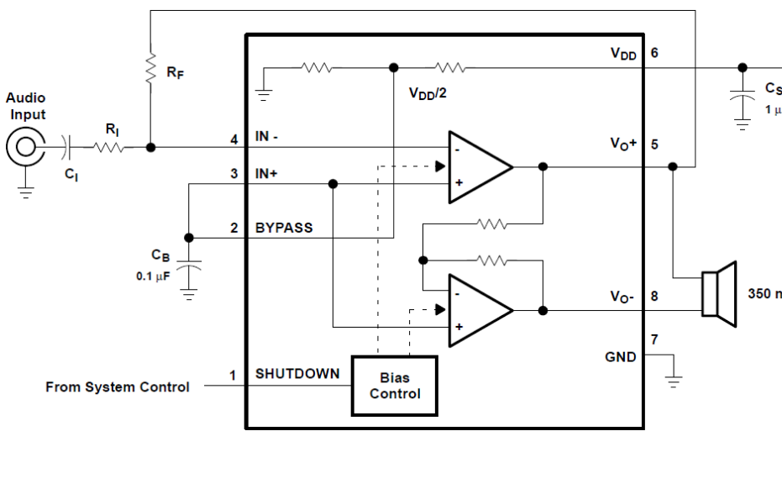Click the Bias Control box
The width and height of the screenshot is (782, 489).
(395, 386)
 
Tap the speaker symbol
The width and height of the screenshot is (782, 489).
(719, 294)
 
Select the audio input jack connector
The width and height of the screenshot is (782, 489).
(25, 147)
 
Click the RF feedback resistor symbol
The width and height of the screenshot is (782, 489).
(150, 70)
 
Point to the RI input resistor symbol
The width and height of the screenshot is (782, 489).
(108, 147)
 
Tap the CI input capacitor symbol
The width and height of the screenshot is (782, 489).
(67, 147)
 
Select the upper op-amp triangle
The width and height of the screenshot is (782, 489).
(480, 167)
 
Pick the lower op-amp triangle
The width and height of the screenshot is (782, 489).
(480, 310)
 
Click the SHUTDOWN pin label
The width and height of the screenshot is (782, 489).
(297, 374)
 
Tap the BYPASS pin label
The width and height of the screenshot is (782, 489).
(284, 228)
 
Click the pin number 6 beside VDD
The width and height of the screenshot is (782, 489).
(654, 53)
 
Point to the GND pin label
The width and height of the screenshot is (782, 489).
(621, 357)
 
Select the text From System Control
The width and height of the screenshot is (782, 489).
(118, 387)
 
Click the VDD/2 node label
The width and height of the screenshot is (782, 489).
(428, 93)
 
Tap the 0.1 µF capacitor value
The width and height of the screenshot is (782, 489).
(153, 276)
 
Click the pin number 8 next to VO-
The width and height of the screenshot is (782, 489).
(654, 297)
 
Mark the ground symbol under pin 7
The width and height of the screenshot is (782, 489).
(674, 381)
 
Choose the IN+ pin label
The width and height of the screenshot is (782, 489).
(266, 174)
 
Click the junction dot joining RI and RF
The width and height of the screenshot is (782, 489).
(150, 147)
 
